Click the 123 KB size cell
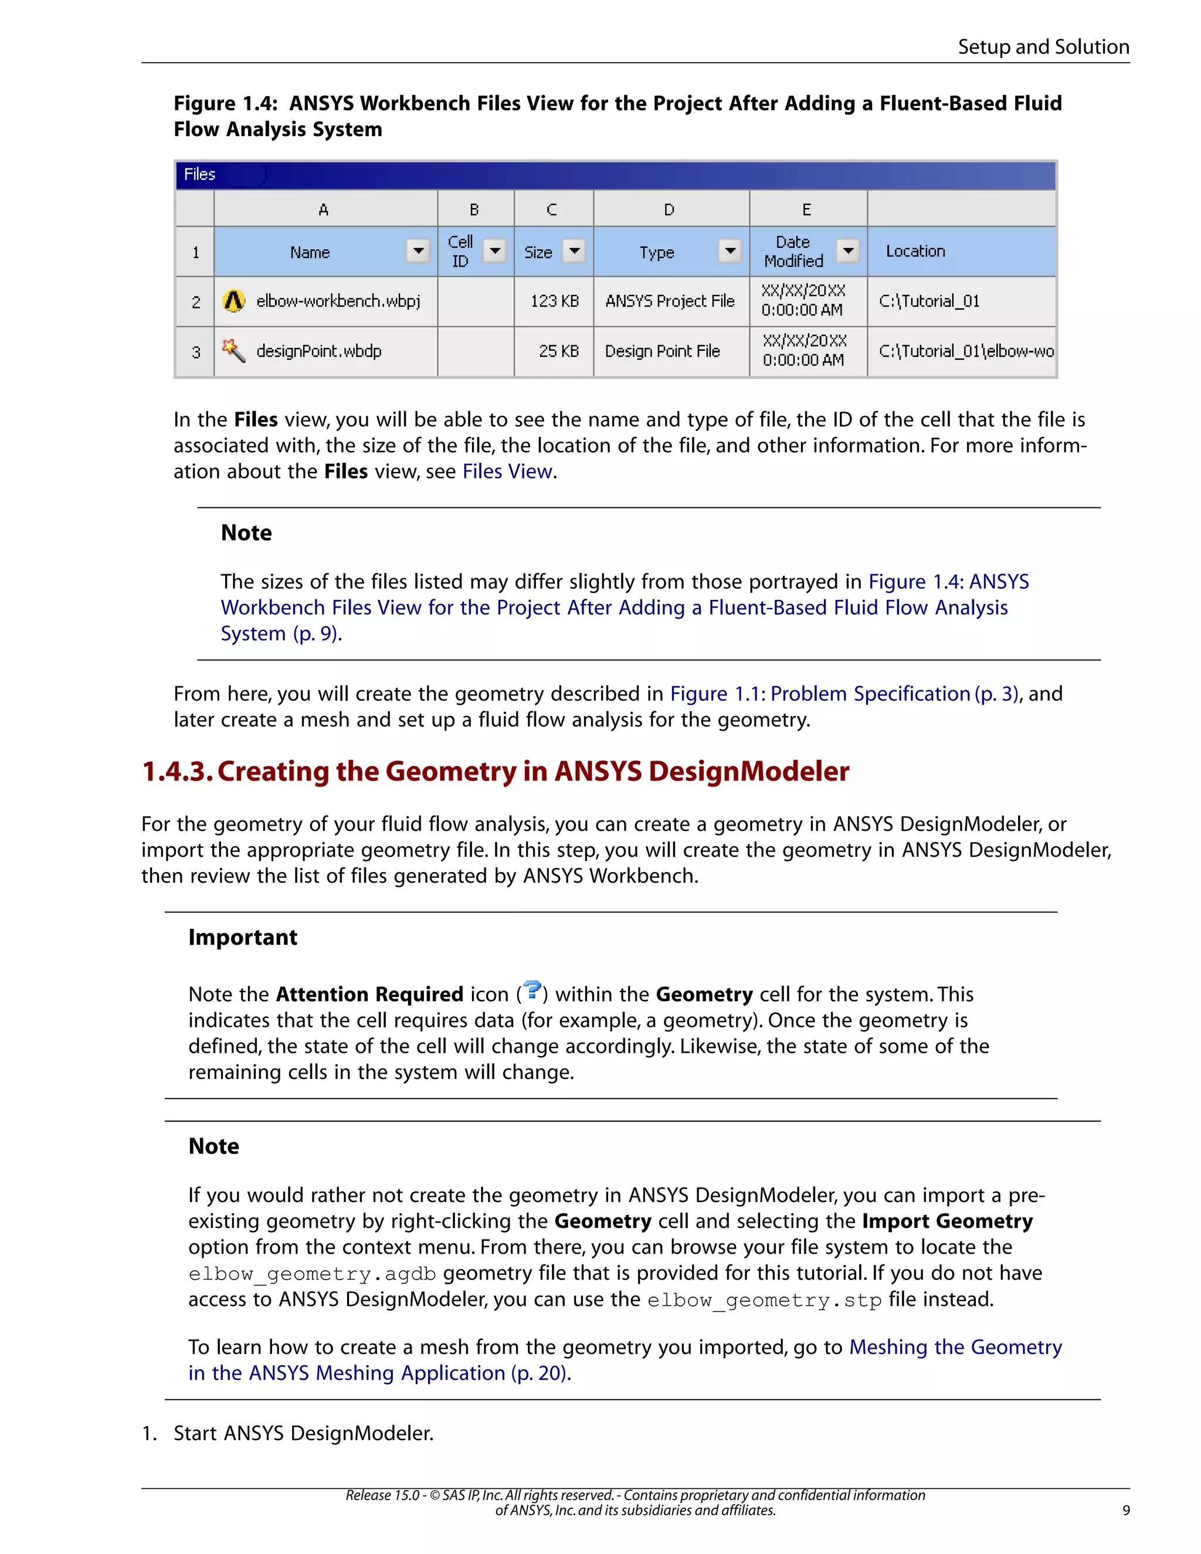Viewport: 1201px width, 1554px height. [554, 301]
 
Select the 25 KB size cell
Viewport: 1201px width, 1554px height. [558, 351]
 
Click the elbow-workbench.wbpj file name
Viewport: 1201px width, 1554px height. [338, 301]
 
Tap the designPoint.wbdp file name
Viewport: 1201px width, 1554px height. [319, 351]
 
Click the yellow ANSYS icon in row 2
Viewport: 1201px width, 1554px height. [233, 301]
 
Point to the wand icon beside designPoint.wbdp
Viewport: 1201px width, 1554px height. [233, 350]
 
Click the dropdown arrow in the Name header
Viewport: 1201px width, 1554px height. [418, 250]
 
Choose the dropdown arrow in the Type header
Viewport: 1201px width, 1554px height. [730, 250]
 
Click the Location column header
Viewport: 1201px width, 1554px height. [915, 251]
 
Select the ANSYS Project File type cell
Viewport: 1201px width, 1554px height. [670, 301]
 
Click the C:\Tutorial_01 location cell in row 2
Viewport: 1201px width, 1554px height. [929, 301]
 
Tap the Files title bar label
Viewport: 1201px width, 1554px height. [199, 174]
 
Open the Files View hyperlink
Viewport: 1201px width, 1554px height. [507, 471]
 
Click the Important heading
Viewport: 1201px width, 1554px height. [243, 937]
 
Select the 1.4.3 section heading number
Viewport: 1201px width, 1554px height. [177, 771]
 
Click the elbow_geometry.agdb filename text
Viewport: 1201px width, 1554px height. [311, 1274]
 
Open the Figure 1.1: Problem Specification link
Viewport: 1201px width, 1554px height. [844, 694]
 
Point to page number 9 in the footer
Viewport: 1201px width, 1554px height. [1125, 1510]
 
